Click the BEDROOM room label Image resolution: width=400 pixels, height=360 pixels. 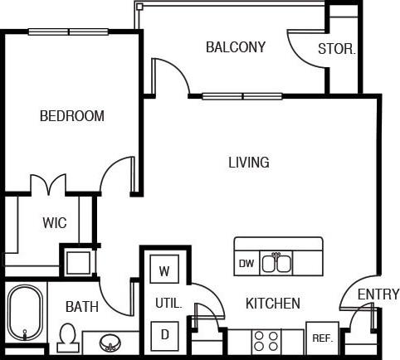[72, 116]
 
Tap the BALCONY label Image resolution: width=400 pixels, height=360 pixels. [236, 47]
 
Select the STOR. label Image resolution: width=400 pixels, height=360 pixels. [337, 49]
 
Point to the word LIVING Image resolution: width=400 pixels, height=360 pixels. [249, 163]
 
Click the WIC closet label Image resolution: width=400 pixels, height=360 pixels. [55, 223]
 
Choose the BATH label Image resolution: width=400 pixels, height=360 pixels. [81, 307]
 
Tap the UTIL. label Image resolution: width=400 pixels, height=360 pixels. [168, 304]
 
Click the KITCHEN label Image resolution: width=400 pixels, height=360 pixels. [272, 304]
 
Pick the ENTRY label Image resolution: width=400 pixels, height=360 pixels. [378, 294]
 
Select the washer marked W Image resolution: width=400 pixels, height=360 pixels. [164, 270]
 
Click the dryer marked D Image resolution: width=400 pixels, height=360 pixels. [164, 334]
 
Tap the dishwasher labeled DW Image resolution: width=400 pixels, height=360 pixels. [246, 264]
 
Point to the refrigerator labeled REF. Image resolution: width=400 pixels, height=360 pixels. [321, 338]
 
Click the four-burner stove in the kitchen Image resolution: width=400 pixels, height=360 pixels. [266, 340]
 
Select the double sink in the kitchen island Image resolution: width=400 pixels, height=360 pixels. [276, 264]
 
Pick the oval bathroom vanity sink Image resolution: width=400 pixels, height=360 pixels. [108, 342]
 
